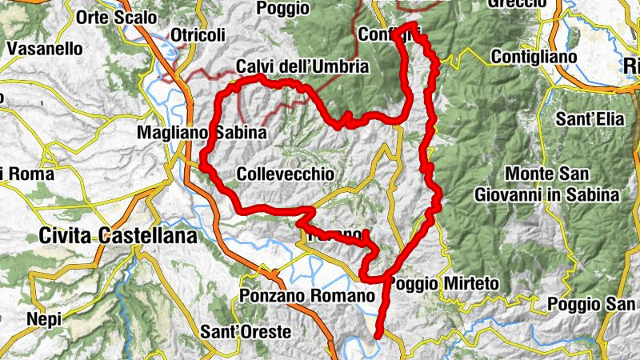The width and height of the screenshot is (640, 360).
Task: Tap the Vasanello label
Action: tap(45, 47)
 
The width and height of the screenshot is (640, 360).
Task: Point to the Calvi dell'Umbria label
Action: tap(302, 66)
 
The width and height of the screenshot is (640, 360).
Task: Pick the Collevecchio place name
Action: tap(286, 174)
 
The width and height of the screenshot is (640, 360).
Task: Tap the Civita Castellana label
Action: tap(118, 235)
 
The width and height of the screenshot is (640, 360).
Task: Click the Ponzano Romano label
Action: tap(307, 295)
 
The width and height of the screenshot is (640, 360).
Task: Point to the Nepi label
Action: tap(43, 318)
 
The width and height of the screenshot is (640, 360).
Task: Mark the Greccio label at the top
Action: tap(517, 4)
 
